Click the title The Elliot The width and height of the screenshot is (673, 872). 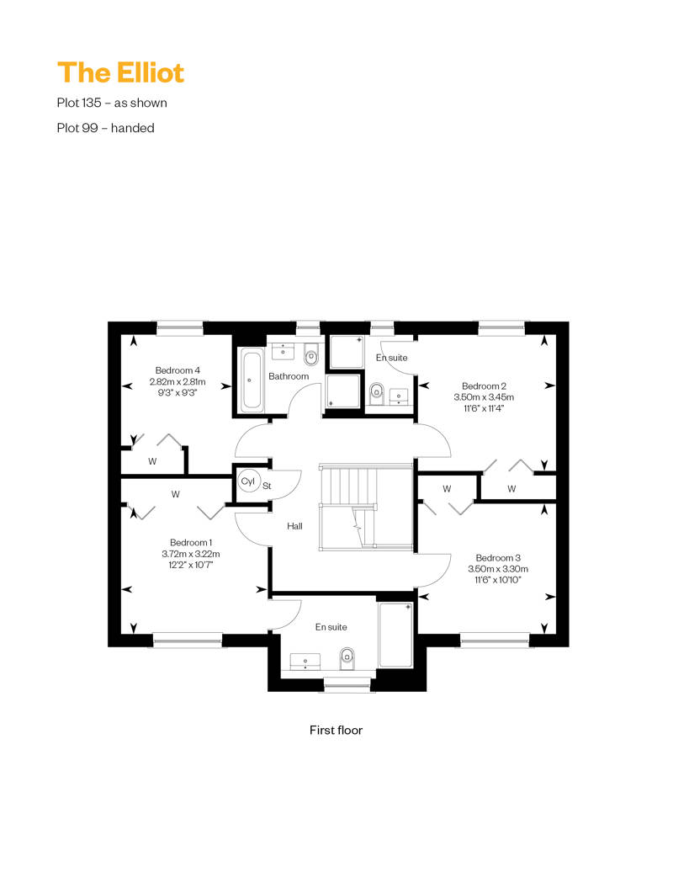120,72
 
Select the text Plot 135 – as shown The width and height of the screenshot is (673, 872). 112,103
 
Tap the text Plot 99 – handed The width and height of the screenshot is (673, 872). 106,128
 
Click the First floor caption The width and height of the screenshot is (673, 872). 336,731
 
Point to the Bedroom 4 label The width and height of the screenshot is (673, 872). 178,370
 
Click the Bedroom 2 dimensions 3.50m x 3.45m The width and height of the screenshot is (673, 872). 484,397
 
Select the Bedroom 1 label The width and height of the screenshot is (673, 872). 191,542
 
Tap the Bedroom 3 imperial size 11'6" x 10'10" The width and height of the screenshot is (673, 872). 498,580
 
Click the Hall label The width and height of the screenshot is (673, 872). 294,526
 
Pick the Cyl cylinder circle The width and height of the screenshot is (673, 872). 248,481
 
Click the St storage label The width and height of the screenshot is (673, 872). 267,486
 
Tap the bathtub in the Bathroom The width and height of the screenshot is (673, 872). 252,380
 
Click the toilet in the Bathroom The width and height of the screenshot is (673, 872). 311,355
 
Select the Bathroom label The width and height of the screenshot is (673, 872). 289,376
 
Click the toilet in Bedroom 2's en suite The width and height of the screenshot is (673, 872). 377,392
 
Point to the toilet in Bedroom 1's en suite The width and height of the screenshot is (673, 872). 347,658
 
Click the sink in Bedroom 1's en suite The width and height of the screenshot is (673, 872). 305,661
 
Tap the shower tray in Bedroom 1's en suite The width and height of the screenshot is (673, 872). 395,635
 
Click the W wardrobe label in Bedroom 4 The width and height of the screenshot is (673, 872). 152,461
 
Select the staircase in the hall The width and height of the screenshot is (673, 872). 366,506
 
